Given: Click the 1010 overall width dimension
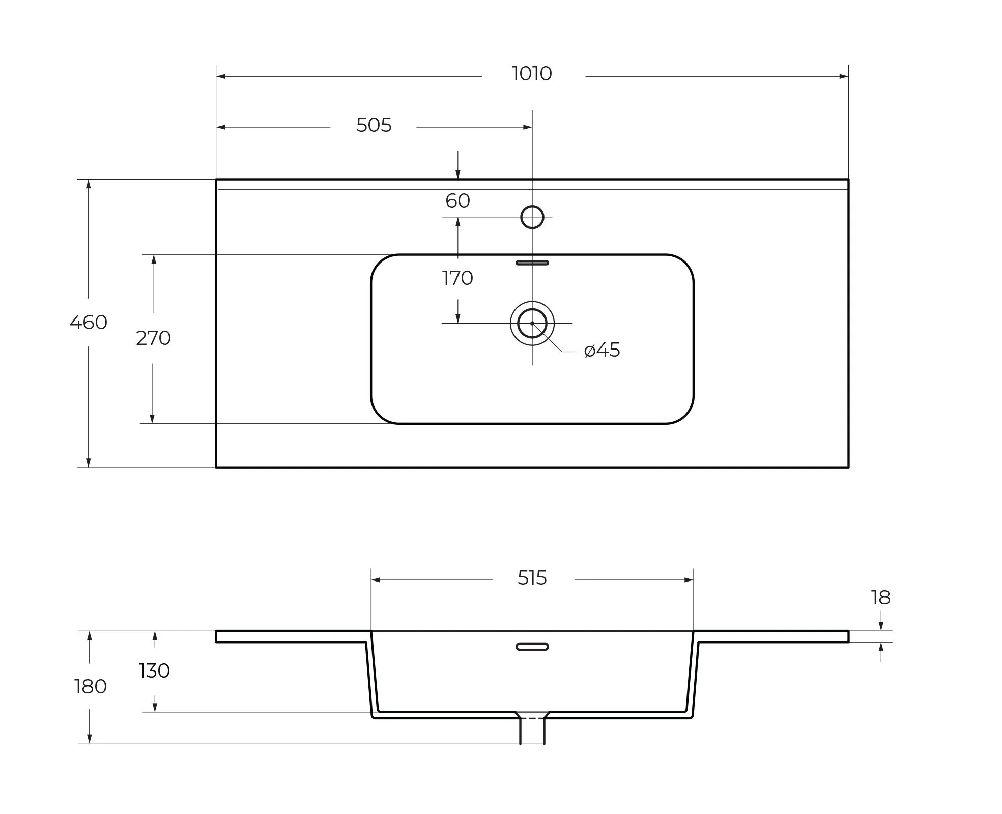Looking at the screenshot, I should pos(532,74).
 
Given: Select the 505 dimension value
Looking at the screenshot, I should pos(374,125).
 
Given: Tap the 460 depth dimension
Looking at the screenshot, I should pos(89,323).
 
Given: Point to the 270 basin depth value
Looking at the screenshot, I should pos(153,338).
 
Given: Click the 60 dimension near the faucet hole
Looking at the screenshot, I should pos(457,201).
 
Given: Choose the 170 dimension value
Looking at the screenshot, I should pos(457,278).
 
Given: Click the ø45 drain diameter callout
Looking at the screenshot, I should pos(602,350).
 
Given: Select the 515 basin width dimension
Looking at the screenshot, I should pos(532,578).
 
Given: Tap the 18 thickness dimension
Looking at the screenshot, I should pos(881,598).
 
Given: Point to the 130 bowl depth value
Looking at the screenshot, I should pos(154,671).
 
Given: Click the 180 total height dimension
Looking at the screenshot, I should pos(91,687).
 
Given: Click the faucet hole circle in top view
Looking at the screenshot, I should pos(532,217).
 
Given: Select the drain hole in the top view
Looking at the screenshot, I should pos(532,323).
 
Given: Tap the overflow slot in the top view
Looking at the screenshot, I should pos(532,263).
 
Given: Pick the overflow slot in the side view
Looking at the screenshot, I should pos(532,647).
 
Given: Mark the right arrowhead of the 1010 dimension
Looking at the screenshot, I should pos(844,77).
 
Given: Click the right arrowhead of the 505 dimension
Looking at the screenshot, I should pos(527,127).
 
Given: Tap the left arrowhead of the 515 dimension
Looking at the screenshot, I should pos(376,580).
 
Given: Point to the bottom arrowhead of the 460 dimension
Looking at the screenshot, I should pos(89,462).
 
